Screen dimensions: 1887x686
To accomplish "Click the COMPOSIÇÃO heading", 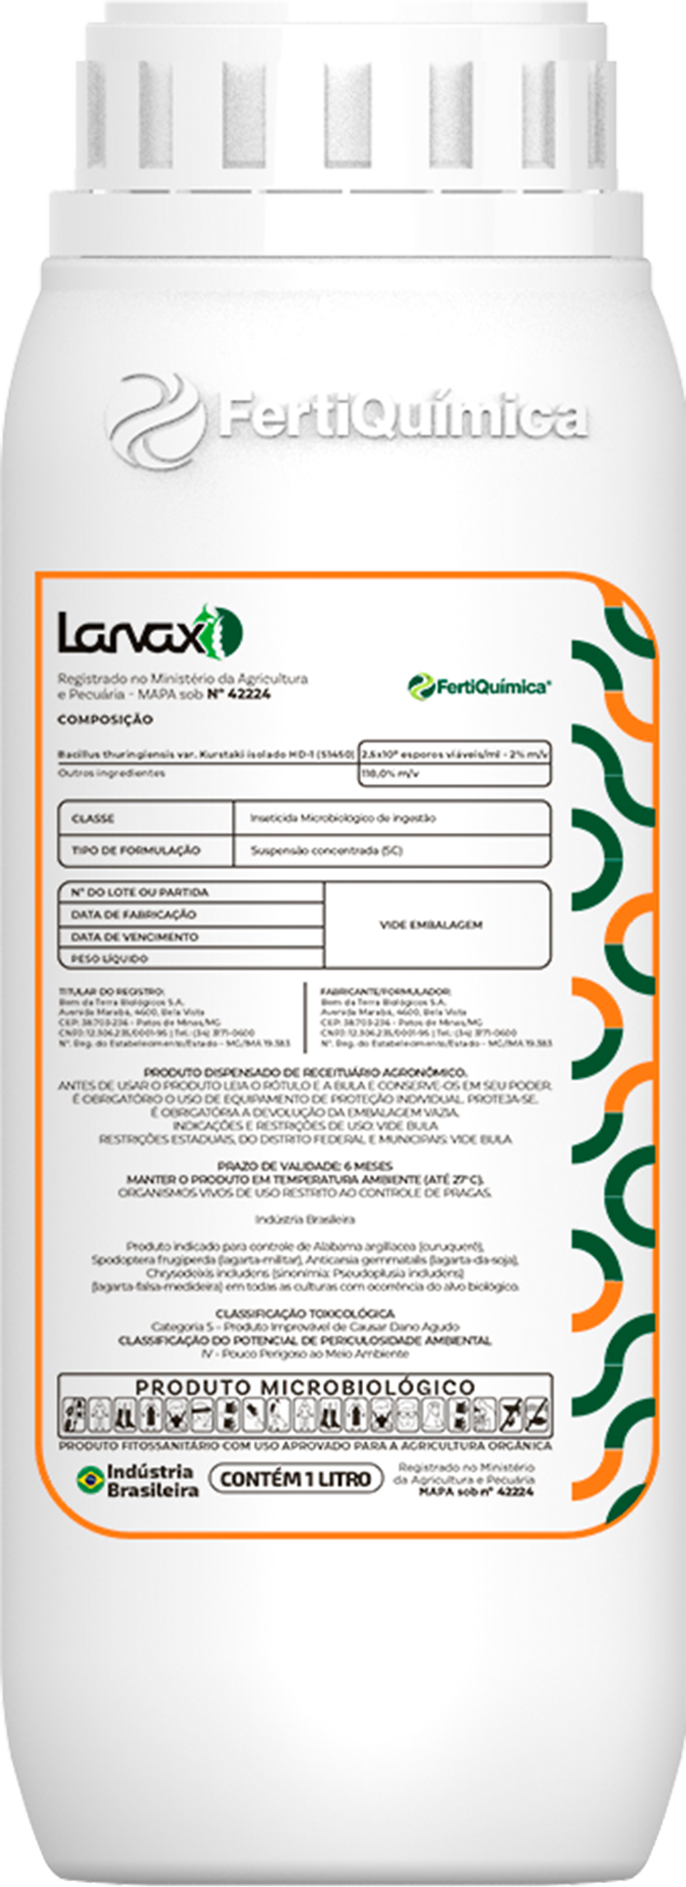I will (105, 719).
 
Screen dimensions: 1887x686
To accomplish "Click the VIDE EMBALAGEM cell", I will (431, 924).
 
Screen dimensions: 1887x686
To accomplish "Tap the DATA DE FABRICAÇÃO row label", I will (133, 914).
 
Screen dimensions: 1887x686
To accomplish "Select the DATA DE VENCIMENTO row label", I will (134, 937).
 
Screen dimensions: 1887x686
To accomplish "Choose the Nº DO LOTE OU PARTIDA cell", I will (139, 892).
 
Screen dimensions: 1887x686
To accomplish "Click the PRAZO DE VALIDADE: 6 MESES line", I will (305, 1165).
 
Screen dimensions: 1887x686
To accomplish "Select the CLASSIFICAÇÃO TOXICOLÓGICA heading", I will (305, 1313).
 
